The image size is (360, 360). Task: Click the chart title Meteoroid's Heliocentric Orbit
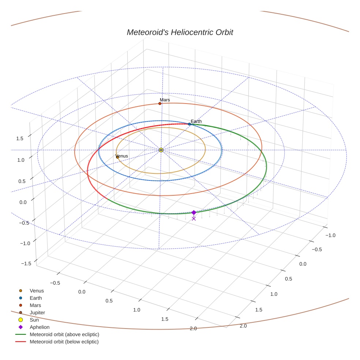coord(180,33)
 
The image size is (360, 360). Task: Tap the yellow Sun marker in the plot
coord(161,150)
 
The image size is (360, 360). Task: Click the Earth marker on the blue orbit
coord(190,124)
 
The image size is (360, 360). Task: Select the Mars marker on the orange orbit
coord(160,104)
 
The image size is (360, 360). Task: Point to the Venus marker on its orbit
coord(117,157)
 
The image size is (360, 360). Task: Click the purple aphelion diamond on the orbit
coord(194,213)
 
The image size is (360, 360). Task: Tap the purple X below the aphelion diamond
coord(194,219)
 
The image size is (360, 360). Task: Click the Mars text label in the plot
coord(165,100)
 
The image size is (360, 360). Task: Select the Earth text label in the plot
coord(196,121)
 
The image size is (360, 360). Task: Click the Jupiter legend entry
coord(37,313)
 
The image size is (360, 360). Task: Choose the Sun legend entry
coord(34,320)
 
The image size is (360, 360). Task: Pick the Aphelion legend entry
coord(40,327)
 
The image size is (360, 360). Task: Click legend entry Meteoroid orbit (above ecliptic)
coord(64,334)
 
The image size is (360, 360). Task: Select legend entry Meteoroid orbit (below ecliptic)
coord(64,342)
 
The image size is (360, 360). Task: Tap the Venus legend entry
coord(37,291)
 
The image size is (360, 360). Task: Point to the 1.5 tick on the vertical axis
coord(20,138)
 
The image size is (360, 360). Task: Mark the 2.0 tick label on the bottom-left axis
coord(193,329)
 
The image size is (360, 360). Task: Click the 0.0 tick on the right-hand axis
coord(303,264)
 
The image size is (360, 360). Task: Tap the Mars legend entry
coord(35,305)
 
